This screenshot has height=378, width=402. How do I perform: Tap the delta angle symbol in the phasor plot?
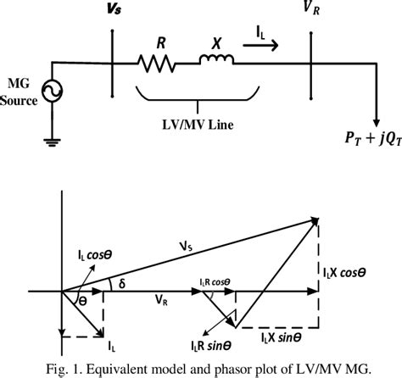[x=121, y=283]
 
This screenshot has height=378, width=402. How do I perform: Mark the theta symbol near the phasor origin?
[x=81, y=301]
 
